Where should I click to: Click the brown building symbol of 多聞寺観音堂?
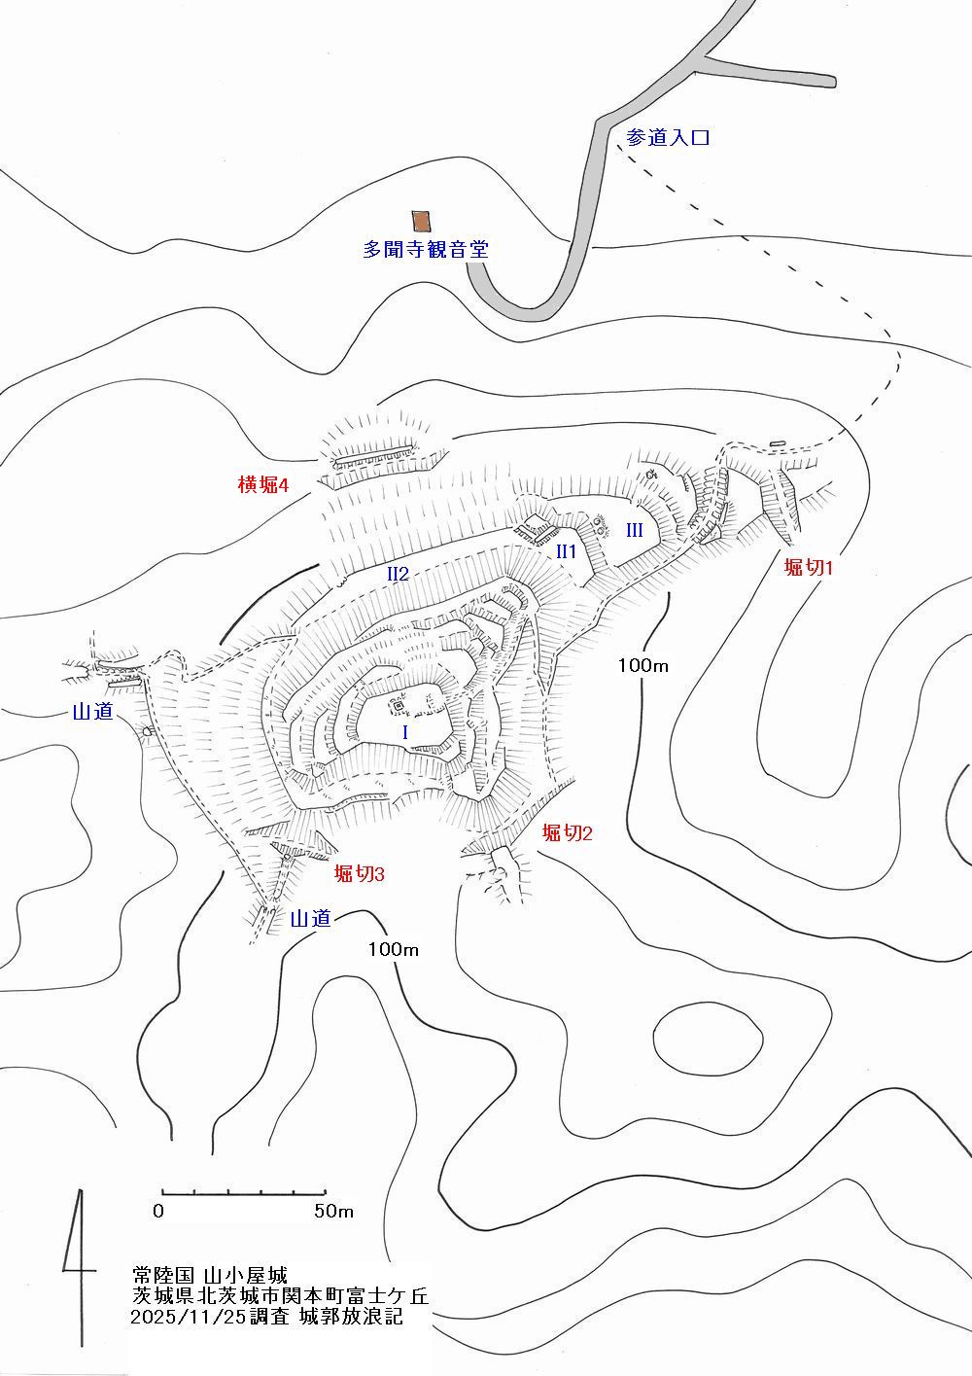(x=421, y=222)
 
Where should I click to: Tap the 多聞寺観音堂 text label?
(x=425, y=249)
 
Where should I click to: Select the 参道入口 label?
(x=668, y=138)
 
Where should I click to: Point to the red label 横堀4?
(x=264, y=484)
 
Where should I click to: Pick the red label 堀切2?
(x=568, y=832)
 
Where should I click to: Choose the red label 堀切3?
(x=360, y=874)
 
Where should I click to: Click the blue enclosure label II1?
(x=566, y=551)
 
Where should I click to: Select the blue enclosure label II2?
(x=398, y=574)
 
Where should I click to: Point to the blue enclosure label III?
(x=634, y=530)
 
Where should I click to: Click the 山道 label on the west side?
(x=94, y=712)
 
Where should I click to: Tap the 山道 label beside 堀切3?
(x=311, y=918)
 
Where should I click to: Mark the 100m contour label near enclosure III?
(x=643, y=665)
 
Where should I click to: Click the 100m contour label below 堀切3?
(x=394, y=949)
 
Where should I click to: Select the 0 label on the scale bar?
(x=158, y=1212)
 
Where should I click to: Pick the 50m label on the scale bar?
(x=332, y=1212)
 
